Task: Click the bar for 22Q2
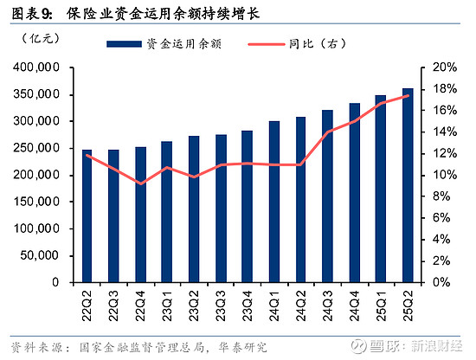coord(87,216)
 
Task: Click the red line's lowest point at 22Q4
coord(140,183)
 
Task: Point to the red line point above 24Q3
coord(327,132)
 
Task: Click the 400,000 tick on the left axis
coord(36,67)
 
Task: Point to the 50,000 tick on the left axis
coord(40,255)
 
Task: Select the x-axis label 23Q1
coord(167,305)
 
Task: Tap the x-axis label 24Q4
coord(354,305)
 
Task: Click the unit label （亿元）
coord(37,38)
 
